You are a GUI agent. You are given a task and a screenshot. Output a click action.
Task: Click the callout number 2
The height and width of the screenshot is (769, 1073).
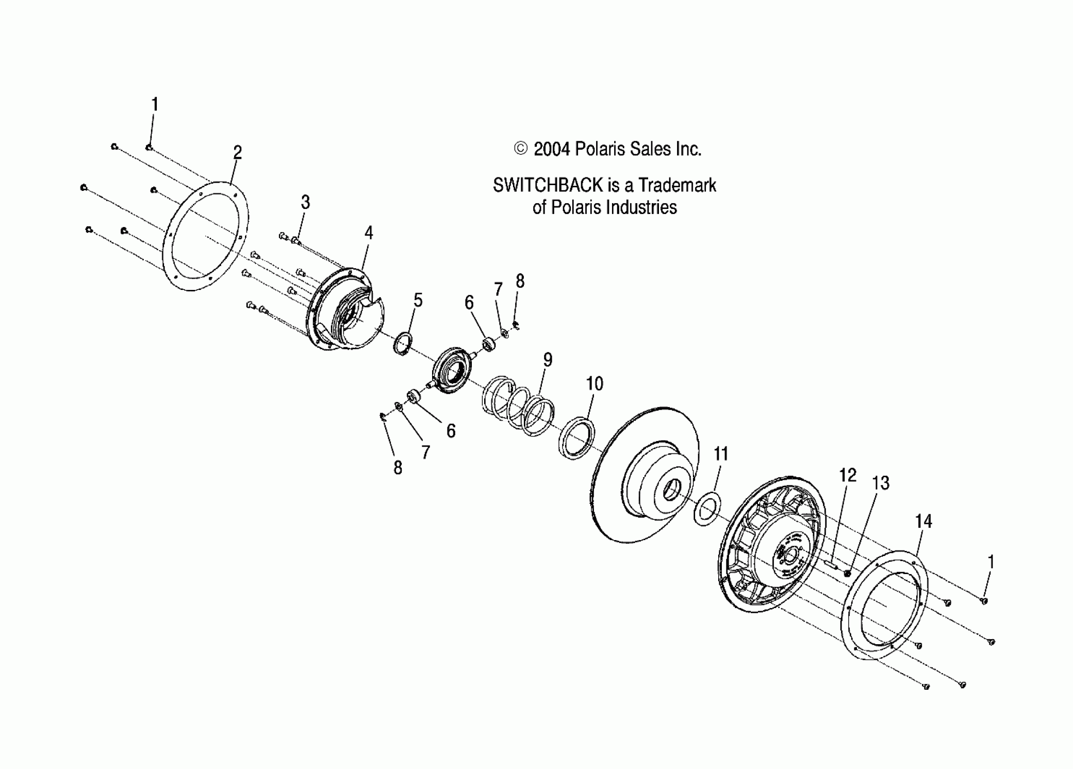[237, 152]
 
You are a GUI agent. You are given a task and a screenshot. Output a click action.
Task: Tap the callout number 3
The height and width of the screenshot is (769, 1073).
[306, 202]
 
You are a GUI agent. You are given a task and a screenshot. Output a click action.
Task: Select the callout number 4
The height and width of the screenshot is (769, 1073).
[368, 233]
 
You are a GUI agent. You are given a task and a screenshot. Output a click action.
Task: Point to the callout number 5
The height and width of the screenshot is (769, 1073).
[418, 300]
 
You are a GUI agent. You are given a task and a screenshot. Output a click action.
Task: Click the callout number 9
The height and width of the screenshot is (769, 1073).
[547, 360]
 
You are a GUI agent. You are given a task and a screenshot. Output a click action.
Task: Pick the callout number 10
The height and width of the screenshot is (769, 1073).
[595, 384]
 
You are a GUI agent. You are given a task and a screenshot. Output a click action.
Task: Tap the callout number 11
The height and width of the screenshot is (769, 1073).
[720, 454]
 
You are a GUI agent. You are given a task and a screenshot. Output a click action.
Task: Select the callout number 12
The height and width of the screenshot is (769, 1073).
[848, 475]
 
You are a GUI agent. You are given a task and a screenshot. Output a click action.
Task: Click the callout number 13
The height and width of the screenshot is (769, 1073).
[880, 483]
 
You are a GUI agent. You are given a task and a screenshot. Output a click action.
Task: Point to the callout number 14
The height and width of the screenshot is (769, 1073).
[923, 522]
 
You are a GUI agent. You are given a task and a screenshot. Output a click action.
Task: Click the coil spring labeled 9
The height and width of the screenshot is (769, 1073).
[518, 405]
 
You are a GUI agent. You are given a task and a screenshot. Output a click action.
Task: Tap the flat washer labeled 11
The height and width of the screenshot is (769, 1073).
[707, 508]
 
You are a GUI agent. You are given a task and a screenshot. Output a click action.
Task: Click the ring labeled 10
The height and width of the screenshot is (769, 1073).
[577, 438]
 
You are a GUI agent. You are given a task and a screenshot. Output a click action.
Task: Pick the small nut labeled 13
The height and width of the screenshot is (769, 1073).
[847, 574]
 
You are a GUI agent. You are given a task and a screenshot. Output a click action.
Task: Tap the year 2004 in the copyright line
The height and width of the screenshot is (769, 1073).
[551, 150]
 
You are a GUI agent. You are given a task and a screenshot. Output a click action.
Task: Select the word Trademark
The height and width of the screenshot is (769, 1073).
[677, 185]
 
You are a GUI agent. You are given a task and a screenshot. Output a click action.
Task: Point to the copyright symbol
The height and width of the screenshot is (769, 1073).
[520, 149]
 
